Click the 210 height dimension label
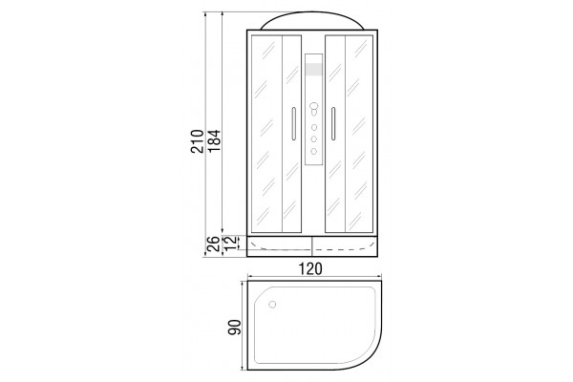click(197, 141)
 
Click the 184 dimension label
click(215, 141)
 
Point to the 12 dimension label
click(229, 243)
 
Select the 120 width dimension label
click(311, 268)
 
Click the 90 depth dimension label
click(235, 328)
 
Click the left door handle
click(293, 123)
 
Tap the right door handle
click(333, 123)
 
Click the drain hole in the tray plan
click(272, 304)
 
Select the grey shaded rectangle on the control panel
click(314, 70)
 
